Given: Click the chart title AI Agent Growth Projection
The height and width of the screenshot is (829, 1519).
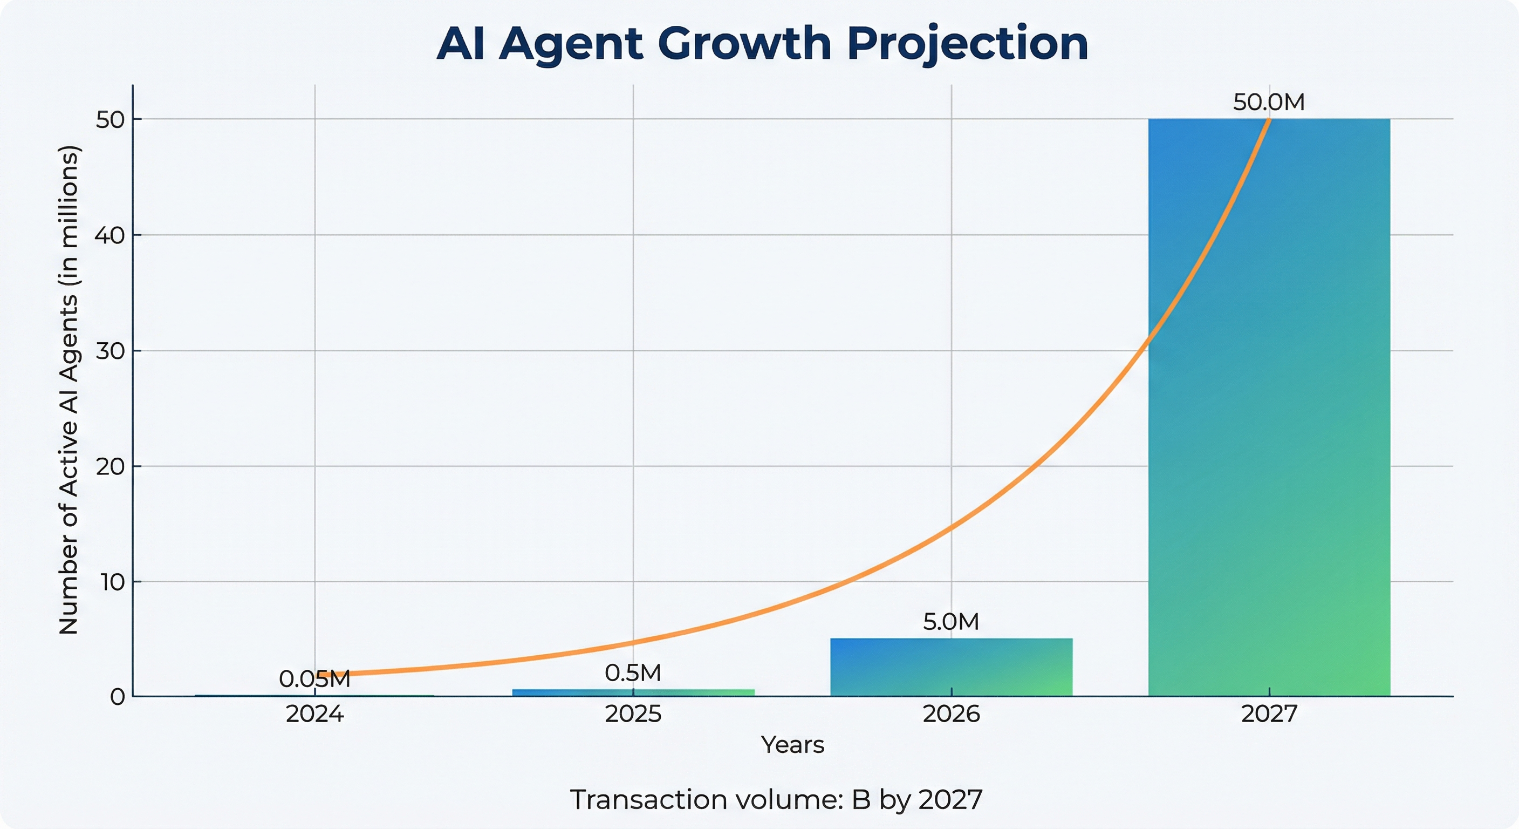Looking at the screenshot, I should click(x=762, y=44).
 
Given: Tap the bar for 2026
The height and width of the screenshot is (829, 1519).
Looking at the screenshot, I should click(x=951, y=667).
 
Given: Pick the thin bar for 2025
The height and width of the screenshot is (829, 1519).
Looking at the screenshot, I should click(x=633, y=692).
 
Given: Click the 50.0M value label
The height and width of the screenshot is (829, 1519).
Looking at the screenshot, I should click(x=1268, y=103).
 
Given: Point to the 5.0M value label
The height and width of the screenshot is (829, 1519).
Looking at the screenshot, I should click(x=950, y=622).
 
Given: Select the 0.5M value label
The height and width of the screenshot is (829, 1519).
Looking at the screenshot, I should click(x=633, y=673).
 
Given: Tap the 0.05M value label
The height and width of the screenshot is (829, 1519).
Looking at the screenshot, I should click(x=314, y=679).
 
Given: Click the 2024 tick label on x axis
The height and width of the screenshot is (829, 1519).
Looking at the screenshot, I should click(x=314, y=715).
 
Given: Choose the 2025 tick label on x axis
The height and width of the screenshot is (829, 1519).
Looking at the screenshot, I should click(x=633, y=715).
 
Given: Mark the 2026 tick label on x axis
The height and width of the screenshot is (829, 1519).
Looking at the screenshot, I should click(x=951, y=715).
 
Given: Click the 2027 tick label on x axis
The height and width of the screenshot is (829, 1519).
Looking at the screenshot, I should click(x=1269, y=715).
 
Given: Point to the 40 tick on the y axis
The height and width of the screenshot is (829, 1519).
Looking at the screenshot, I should click(x=110, y=235).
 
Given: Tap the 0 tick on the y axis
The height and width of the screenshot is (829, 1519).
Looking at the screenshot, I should click(x=118, y=697).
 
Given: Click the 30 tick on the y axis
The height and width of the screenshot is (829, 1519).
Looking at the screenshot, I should click(x=110, y=351).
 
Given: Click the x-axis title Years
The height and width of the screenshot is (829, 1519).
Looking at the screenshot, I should click(x=792, y=745).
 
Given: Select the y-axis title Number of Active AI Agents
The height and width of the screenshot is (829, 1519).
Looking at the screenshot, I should click(x=69, y=390).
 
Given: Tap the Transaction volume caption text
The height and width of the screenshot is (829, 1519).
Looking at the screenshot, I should click(x=776, y=800).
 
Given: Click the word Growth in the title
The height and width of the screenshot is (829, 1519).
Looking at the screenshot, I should click(x=744, y=44).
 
